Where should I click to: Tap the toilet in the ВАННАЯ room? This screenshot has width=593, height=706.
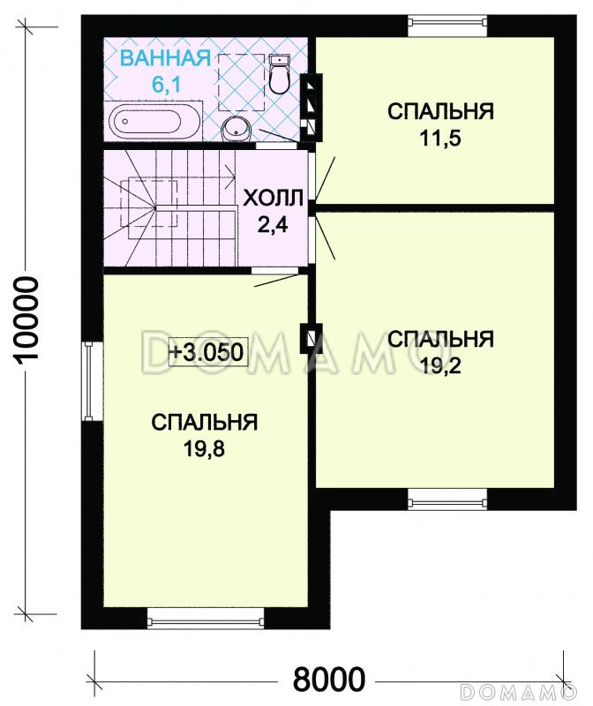point(281,75)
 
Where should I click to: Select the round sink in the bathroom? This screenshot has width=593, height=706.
point(237,130)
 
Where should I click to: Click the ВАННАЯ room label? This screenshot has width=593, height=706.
point(165,59)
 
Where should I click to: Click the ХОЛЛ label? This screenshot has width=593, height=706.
point(273,196)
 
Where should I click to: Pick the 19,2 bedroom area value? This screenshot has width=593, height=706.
point(439,364)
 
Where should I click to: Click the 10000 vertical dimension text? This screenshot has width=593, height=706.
point(29,319)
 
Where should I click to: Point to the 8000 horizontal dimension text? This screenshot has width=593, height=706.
point(328,680)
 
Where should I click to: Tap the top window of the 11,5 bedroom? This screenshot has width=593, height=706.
point(447,20)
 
